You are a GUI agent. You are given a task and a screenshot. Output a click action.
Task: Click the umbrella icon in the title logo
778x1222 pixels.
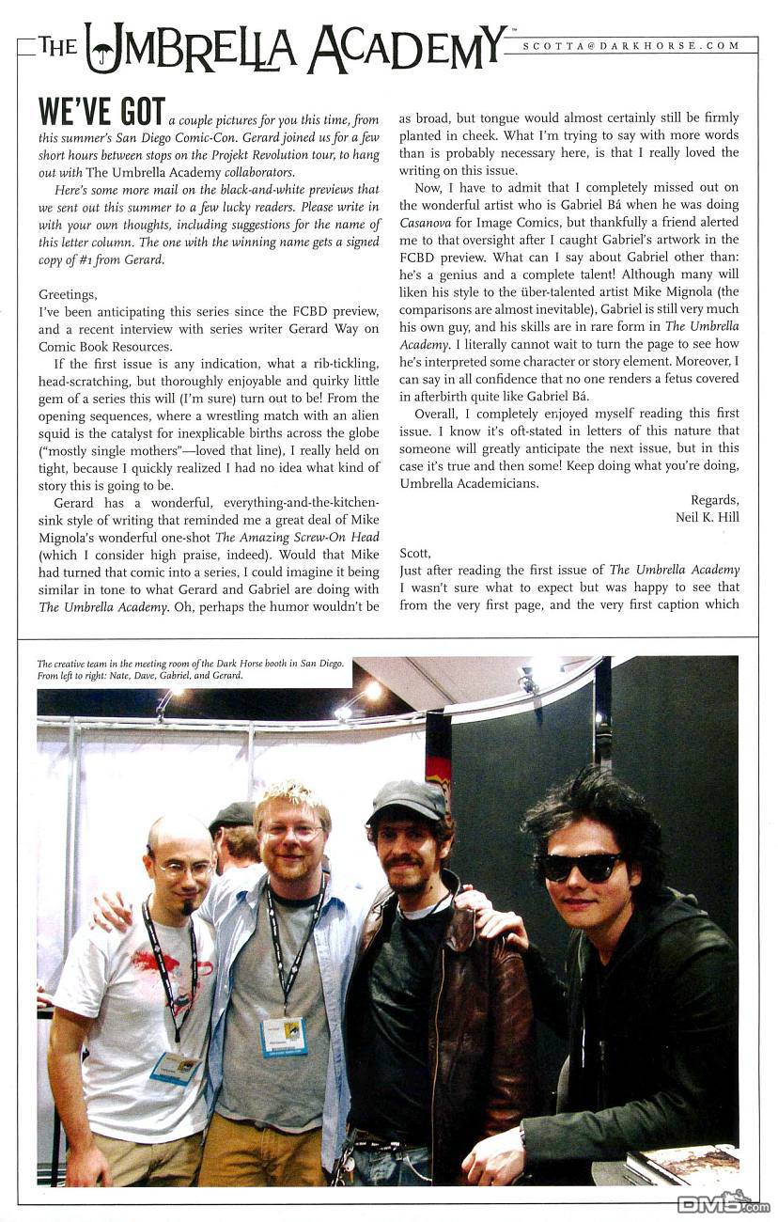[101, 46]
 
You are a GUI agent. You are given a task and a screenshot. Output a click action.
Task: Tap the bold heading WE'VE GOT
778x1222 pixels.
[101, 111]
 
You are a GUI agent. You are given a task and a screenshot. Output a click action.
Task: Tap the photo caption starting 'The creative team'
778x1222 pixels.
[191, 669]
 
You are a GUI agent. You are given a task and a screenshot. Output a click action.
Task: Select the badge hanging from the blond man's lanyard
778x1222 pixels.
[284, 1035]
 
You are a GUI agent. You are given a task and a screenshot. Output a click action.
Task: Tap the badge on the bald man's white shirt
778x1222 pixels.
[176, 1067]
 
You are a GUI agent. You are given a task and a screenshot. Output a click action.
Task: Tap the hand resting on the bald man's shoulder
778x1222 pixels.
[112, 909]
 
